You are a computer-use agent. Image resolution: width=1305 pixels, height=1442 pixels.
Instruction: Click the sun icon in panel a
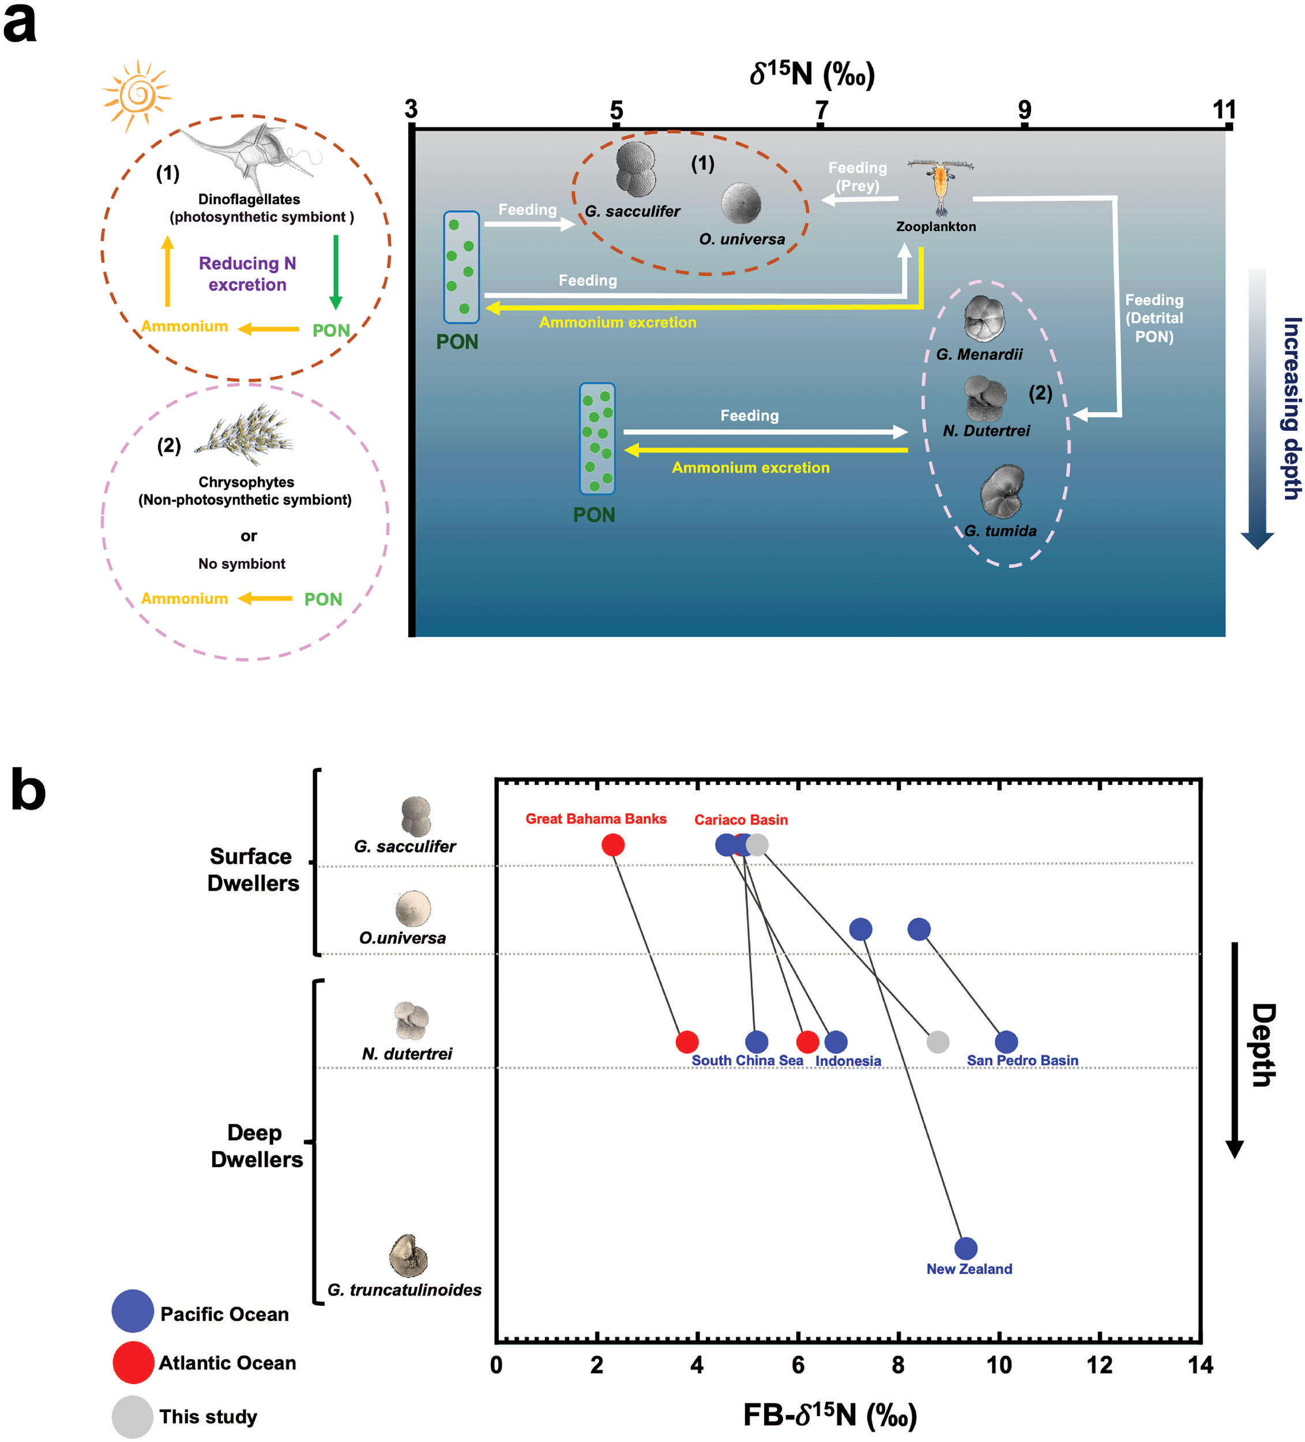137,95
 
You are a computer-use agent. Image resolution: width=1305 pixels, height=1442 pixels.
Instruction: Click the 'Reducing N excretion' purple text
247,273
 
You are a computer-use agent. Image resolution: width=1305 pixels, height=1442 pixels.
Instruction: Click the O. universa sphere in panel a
741,203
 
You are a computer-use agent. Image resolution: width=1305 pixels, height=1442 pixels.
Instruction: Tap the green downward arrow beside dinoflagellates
336,271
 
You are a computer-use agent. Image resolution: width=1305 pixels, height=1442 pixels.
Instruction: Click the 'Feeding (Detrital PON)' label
1153,318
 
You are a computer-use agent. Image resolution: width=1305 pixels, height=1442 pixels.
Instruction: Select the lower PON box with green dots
597,438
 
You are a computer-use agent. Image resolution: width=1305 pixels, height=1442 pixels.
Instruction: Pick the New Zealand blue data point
965,1248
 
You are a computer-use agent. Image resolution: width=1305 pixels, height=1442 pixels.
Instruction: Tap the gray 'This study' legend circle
133,1416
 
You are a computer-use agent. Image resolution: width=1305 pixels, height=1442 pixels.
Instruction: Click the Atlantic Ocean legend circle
133,1362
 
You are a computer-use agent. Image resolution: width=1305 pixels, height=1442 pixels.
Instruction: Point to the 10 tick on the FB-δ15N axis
998,1365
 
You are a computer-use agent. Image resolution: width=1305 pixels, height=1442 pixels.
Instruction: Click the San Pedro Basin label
1022,1060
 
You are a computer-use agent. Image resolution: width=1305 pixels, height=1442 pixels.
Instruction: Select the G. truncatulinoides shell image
408,1255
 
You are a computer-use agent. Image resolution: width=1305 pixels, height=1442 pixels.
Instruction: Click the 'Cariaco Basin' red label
741,820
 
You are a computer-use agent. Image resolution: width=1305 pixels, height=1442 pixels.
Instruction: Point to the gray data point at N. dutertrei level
938,1042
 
